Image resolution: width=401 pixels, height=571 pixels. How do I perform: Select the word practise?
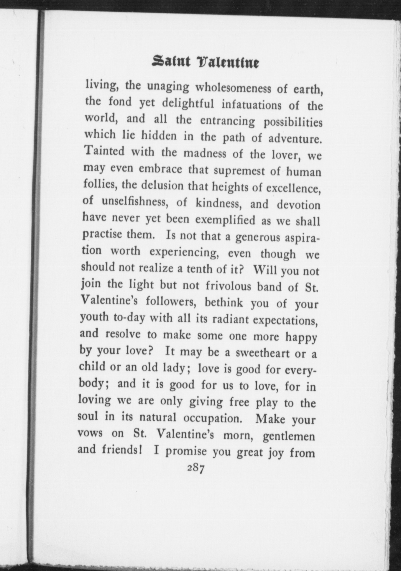[102, 234]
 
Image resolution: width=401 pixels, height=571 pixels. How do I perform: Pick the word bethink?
[224, 303]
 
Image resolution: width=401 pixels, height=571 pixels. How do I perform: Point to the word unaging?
[168, 86]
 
